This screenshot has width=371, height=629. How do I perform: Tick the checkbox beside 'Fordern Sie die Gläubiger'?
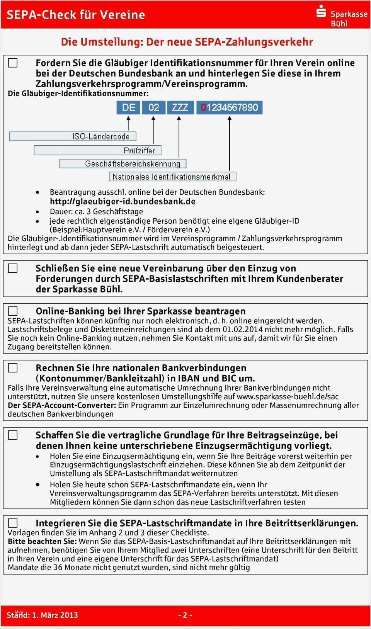tap(13, 63)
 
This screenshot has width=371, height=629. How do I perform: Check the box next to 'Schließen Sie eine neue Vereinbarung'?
tap(13, 268)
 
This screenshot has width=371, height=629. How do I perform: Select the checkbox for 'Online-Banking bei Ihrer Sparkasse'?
tap(13, 311)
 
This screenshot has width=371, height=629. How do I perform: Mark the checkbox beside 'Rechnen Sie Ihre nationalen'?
tap(13, 368)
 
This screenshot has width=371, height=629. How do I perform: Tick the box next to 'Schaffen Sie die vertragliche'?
tap(13, 435)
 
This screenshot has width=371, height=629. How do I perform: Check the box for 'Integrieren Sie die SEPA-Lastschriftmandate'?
tap(13, 523)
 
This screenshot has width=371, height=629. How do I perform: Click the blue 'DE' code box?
tap(128, 107)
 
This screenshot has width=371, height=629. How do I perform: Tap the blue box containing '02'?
tap(154, 107)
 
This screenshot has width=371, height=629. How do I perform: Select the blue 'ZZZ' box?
tap(180, 107)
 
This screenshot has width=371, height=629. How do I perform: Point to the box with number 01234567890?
tap(230, 107)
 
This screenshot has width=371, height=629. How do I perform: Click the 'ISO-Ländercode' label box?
tap(73, 136)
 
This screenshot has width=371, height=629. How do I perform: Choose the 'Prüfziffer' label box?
tap(97, 150)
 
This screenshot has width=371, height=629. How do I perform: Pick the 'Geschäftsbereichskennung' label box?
tap(123, 164)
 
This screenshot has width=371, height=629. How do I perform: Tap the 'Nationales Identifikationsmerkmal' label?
tap(172, 177)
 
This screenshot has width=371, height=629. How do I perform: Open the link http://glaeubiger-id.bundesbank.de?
tap(123, 201)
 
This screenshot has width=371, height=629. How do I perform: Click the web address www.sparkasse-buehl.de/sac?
tap(288, 396)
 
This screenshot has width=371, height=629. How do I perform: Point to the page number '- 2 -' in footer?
tap(185, 615)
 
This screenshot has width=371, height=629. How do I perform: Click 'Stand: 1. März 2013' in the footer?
tap(43, 615)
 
